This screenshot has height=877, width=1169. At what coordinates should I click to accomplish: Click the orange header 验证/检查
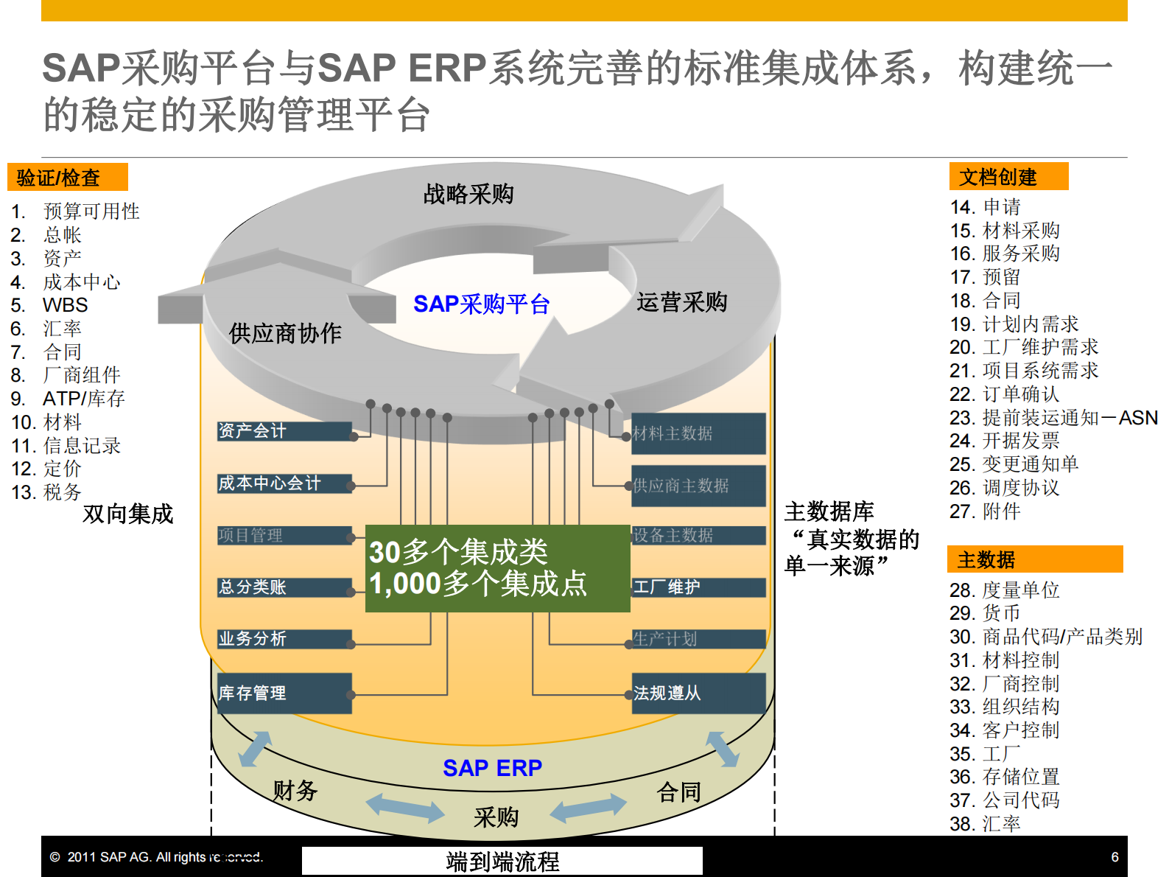(x=67, y=178)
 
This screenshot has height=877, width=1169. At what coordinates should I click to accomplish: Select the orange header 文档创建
(x=1008, y=177)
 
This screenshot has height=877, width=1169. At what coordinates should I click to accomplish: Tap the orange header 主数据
(x=1033, y=559)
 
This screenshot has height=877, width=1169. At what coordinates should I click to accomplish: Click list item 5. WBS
(x=64, y=305)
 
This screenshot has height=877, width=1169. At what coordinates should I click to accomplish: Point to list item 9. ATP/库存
(x=83, y=399)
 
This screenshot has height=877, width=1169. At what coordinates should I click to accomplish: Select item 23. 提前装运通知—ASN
(x=1053, y=418)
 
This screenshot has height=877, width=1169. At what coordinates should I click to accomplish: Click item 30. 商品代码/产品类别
(x=1045, y=637)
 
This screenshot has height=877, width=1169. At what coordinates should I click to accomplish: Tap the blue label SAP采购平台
(x=481, y=304)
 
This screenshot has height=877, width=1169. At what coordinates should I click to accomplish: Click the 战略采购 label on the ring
(x=468, y=195)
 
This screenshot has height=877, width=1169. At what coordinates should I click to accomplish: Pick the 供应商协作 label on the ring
(x=285, y=333)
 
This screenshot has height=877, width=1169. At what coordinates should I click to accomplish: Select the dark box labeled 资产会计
(x=284, y=431)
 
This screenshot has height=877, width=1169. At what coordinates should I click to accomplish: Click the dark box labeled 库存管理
(x=284, y=693)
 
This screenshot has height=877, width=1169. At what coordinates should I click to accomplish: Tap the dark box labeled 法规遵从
(x=698, y=693)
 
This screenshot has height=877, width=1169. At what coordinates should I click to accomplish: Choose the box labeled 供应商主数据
(x=698, y=486)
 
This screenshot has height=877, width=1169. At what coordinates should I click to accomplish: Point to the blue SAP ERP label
(x=492, y=768)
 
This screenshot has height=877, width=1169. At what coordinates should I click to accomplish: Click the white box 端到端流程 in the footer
(x=502, y=861)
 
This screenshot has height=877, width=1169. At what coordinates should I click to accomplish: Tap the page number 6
(x=1114, y=857)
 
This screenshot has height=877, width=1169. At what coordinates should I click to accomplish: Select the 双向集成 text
(x=127, y=514)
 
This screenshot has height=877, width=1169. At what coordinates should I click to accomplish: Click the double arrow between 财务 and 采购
(x=405, y=807)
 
